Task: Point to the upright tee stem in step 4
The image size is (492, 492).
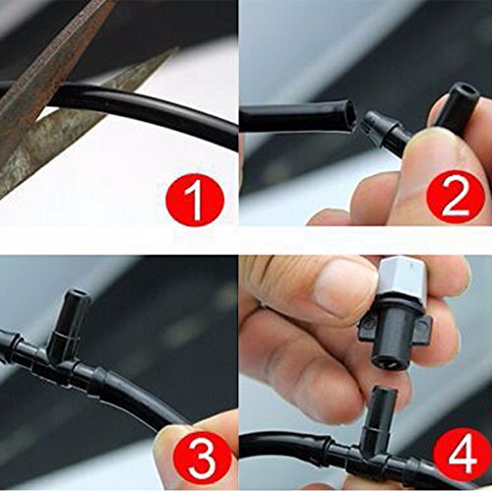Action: (383, 416)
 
